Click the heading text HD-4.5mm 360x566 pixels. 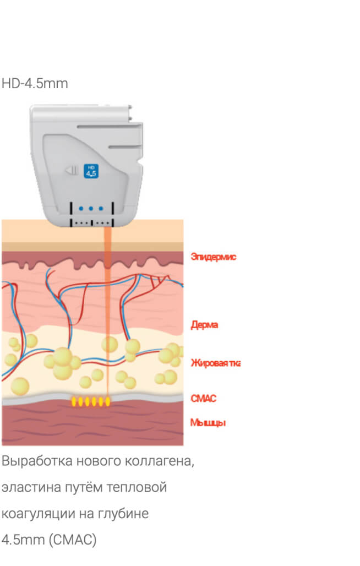[x=35, y=84]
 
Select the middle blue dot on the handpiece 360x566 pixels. [x=91, y=209]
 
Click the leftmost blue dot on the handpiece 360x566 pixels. [x=81, y=209]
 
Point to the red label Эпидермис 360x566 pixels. [x=213, y=257]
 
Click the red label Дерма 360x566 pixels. [x=204, y=325]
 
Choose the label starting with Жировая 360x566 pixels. [x=215, y=363]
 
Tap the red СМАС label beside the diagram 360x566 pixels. [x=203, y=399]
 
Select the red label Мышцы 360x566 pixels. [x=208, y=423]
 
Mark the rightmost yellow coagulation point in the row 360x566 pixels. [x=107, y=402]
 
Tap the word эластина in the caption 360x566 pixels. [x=25, y=487]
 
